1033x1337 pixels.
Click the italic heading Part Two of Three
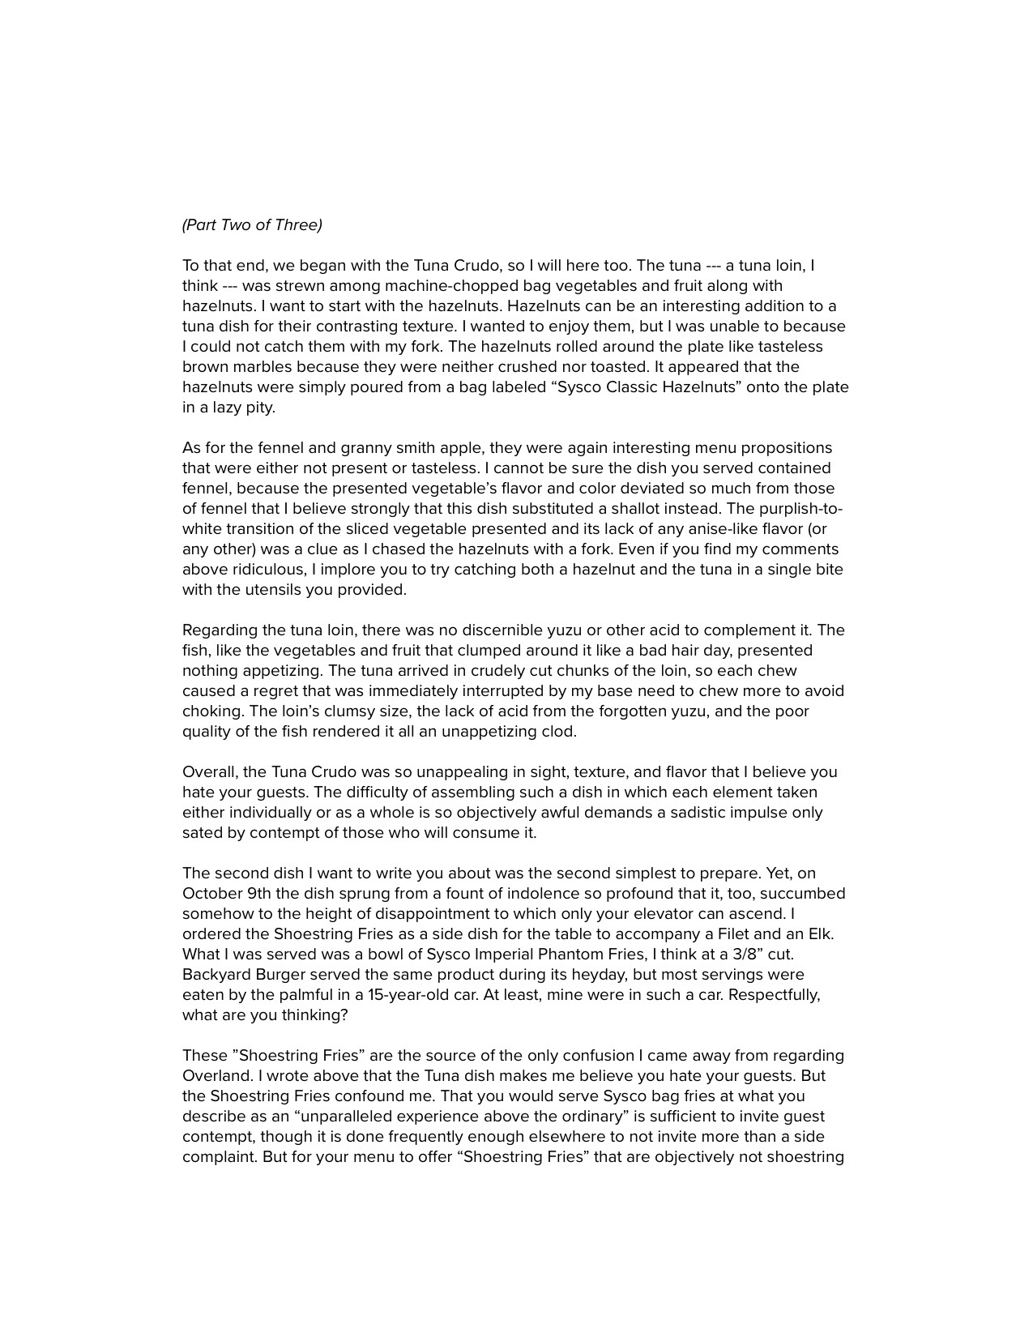252,225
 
